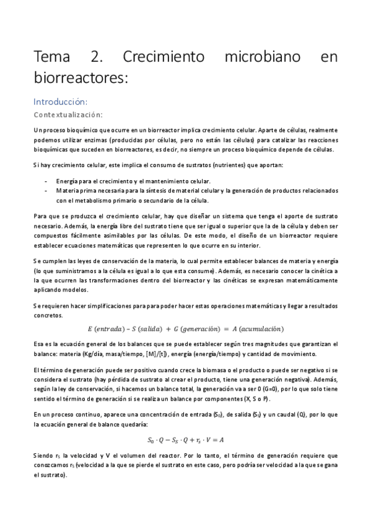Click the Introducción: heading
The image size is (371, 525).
point(60,101)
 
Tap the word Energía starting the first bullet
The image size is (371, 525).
point(67,180)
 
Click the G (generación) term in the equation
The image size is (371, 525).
point(210,328)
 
